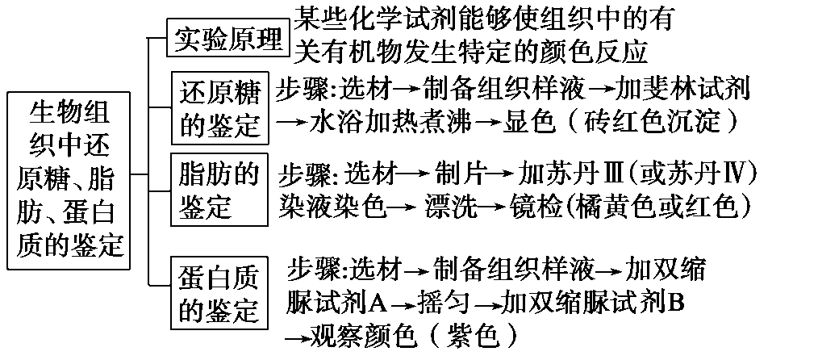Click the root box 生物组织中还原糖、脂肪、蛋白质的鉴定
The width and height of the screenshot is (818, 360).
71,178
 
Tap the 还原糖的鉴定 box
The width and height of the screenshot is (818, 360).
219,109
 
